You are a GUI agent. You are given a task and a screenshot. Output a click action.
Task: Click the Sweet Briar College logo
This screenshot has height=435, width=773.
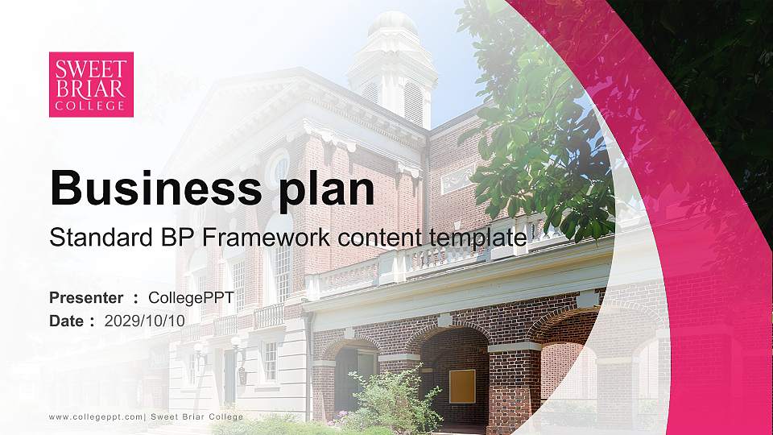pos(91,84)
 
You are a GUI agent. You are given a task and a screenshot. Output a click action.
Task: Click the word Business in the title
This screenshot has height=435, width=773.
pos(150,188)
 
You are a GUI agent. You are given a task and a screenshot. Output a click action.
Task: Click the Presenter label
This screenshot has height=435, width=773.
pos(86,298)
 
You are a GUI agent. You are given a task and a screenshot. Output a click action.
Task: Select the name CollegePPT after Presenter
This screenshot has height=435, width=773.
pos(191,298)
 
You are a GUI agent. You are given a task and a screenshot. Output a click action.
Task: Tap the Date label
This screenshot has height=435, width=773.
pos(67,321)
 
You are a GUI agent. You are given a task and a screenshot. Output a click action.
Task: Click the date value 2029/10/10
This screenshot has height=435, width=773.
pos(145,321)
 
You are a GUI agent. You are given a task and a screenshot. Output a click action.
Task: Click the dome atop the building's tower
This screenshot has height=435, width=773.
pos(392,24)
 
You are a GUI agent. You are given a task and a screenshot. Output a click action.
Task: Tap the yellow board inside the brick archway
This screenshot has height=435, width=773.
pos(462,386)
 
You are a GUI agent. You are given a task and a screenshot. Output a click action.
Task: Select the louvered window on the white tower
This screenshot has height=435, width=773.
pos(412,101)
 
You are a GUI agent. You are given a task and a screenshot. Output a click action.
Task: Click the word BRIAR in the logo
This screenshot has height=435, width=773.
pos(91,87)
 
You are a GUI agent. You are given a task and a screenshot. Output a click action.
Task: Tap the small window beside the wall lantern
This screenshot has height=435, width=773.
pos(270,360)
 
